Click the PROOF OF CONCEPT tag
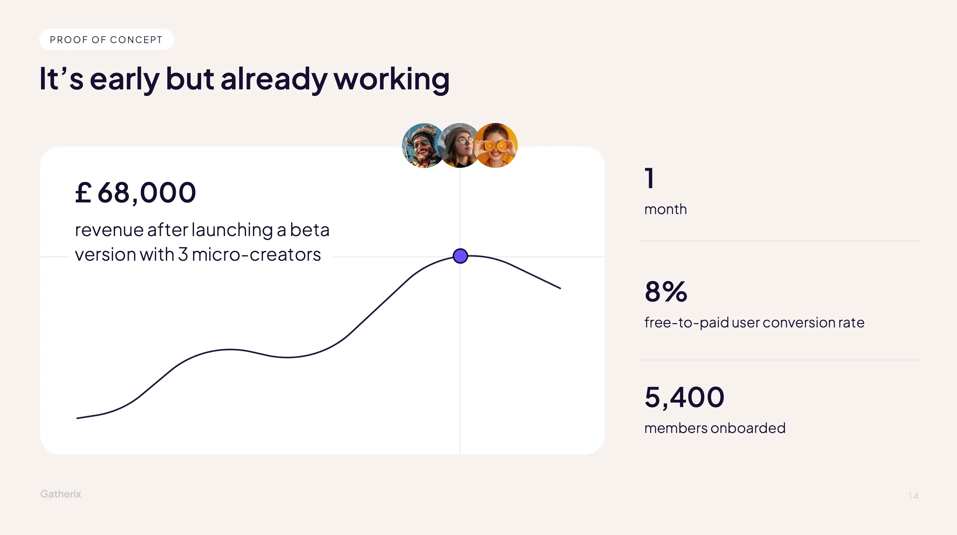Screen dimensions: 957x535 click(x=106, y=40)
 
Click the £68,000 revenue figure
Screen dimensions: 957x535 click(x=135, y=193)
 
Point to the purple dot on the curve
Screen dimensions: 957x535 click(x=460, y=256)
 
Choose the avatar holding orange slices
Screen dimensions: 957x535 click(x=496, y=145)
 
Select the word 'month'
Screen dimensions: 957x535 click(x=665, y=209)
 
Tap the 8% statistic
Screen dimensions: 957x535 click(x=666, y=292)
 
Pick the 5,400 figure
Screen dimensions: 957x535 click(x=684, y=397)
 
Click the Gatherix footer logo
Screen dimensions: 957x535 click(x=61, y=494)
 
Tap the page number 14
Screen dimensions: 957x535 click(x=913, y=496)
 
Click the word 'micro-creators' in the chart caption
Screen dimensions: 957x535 click(x=256, y=255)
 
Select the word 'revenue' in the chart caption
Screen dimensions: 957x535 click(x=109, y=230)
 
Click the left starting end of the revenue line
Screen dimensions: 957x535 click(x=77, y=418)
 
